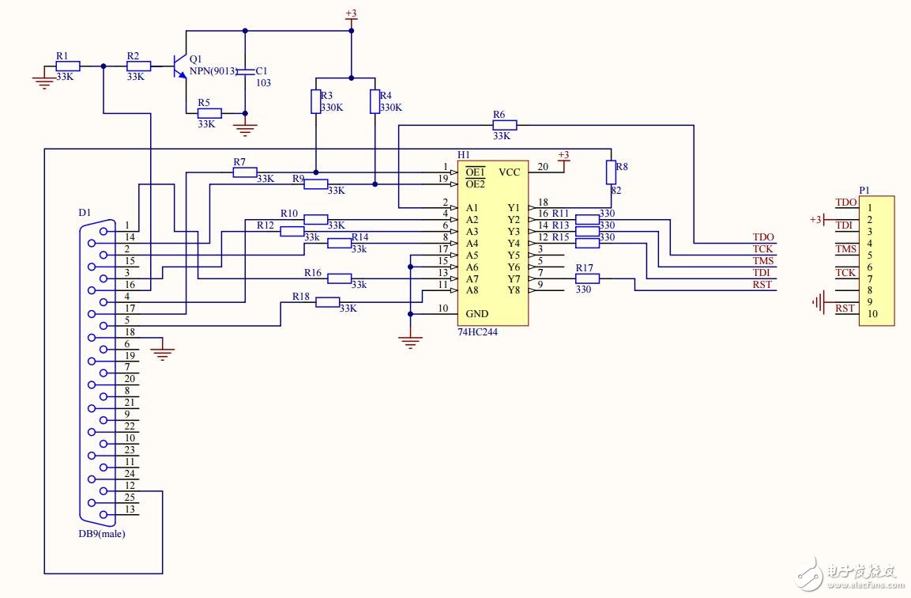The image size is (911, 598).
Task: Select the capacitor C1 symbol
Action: pos(245,72)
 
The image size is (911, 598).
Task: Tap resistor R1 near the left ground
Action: pos(67,66)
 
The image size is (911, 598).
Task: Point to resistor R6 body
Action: pos(505,125)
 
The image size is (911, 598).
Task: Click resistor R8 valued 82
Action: pos(611,172)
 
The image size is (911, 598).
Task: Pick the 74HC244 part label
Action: pos(477,332)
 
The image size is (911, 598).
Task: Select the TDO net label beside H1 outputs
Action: pos(763,237)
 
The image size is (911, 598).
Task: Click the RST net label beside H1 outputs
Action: pos(762,285)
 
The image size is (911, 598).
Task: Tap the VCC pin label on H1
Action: pos(510,172)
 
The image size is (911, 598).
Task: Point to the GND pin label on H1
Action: pos(477,314)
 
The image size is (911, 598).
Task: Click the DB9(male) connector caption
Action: pos(101,533)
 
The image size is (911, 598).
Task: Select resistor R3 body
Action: pos(315,101)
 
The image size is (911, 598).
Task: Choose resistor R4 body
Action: pos(375,101)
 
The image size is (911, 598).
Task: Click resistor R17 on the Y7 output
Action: pos(587,278)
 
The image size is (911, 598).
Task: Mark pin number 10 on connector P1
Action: pos(872,314)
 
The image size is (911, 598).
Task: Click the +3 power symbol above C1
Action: pos(351,15)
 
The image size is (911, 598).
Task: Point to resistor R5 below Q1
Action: pos(209,113)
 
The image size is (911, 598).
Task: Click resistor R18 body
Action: pos(327,302)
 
